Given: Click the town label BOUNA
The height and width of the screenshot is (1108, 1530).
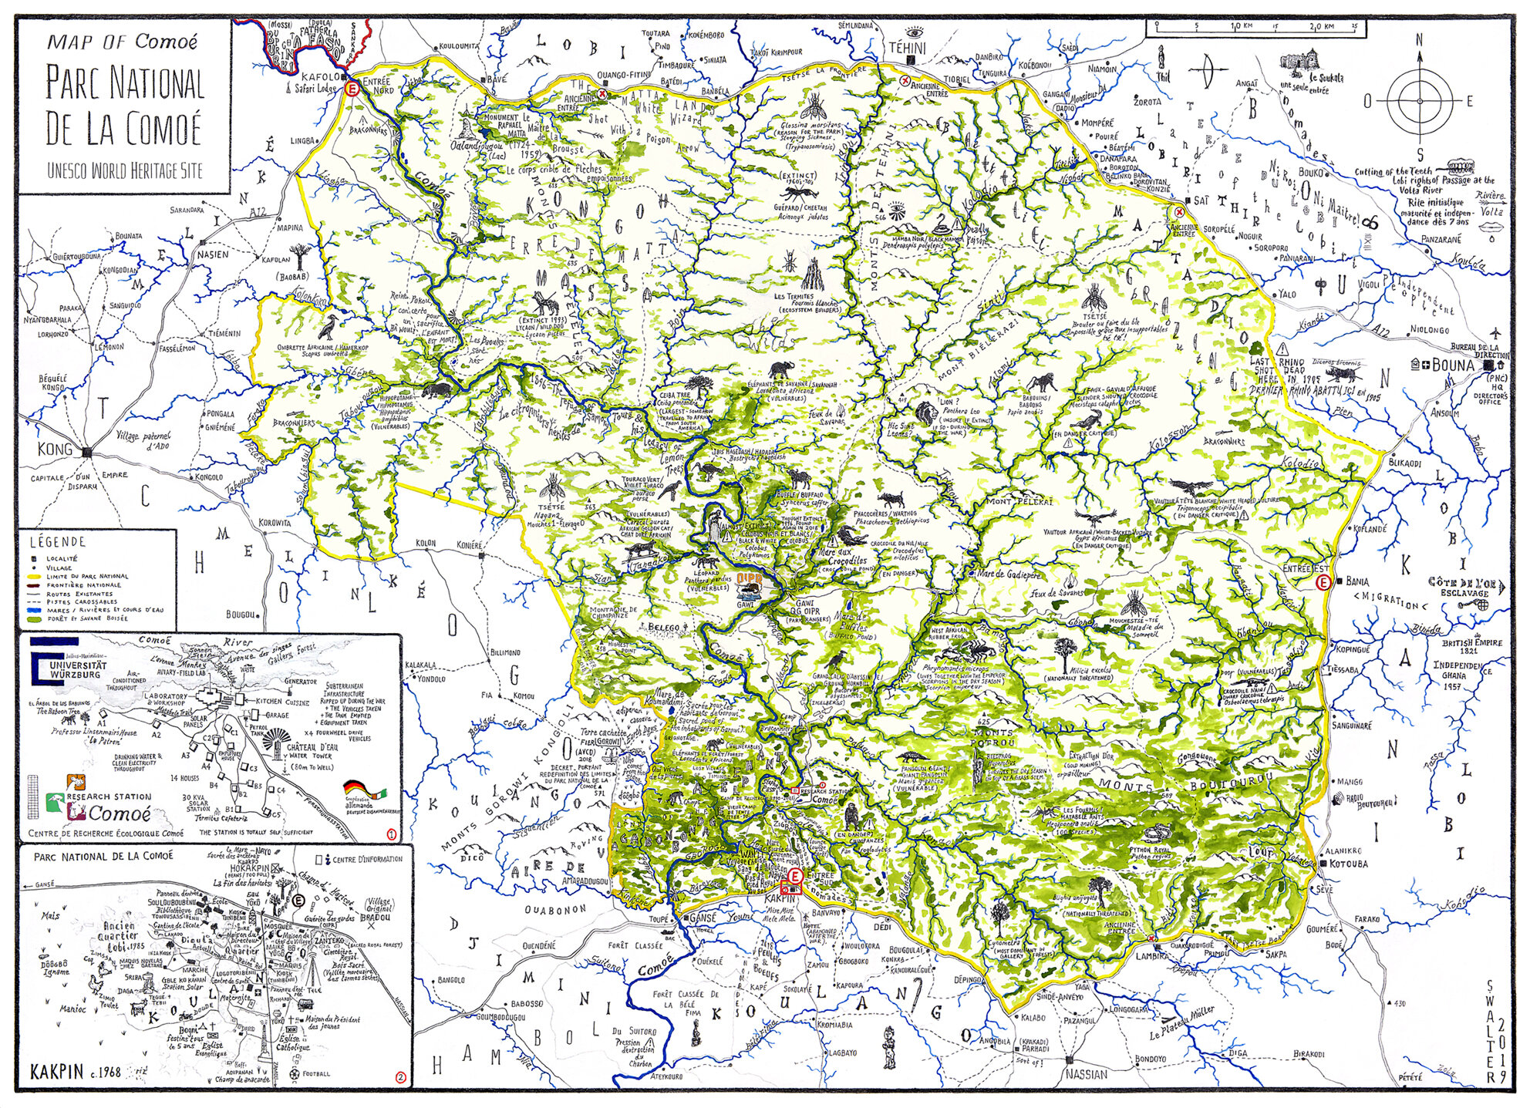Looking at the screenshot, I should coord(1453,365).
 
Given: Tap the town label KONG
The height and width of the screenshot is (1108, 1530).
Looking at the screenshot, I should coord(55,449).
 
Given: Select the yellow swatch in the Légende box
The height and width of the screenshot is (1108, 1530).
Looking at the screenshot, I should coord(35,576).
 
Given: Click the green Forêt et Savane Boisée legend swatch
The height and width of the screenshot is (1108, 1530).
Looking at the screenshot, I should coord(35,618).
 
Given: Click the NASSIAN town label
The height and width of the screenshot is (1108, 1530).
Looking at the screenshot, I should coord(1086,1073).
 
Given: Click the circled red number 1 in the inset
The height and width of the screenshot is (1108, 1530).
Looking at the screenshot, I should coord(391,834).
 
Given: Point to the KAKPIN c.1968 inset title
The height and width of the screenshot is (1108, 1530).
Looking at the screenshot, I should coord(76,1072).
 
